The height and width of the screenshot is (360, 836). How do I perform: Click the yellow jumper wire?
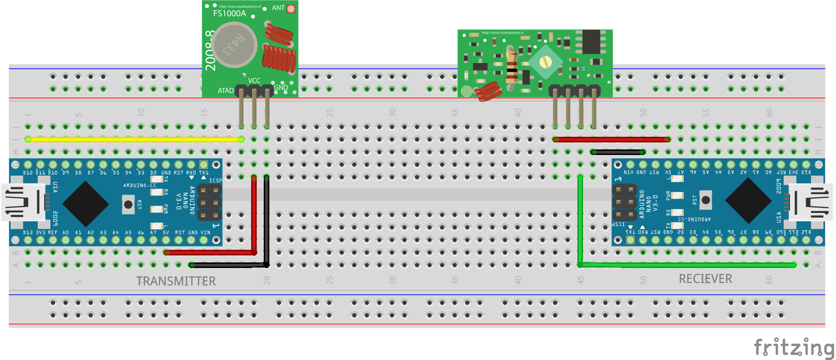click(134, 139)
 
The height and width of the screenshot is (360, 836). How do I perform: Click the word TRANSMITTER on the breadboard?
click(176, 281)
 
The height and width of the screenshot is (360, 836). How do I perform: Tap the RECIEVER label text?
click(705, 279)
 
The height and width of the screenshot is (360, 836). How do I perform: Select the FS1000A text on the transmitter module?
click(229, 14)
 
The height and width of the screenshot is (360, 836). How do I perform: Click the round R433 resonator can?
click(235, 45)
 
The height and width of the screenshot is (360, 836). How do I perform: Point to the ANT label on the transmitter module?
click(278, 8)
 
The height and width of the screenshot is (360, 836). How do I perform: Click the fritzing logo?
click(794, 347)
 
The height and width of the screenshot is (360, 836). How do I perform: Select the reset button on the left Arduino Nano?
click(128, 204)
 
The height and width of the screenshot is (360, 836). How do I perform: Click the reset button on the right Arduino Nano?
click(705, 200)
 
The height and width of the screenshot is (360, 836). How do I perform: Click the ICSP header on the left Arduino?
click(209, 203)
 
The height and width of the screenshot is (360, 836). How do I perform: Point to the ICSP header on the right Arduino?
click(625, 202)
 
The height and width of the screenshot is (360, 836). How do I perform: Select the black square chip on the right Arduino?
click(748, 201)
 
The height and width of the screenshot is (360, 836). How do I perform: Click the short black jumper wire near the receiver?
click(618, 152)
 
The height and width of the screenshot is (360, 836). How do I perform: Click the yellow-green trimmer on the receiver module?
click(545, 62)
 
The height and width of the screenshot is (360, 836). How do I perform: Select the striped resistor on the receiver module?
click(512, 65)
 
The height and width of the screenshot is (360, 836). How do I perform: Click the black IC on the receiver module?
click(591, 42)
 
